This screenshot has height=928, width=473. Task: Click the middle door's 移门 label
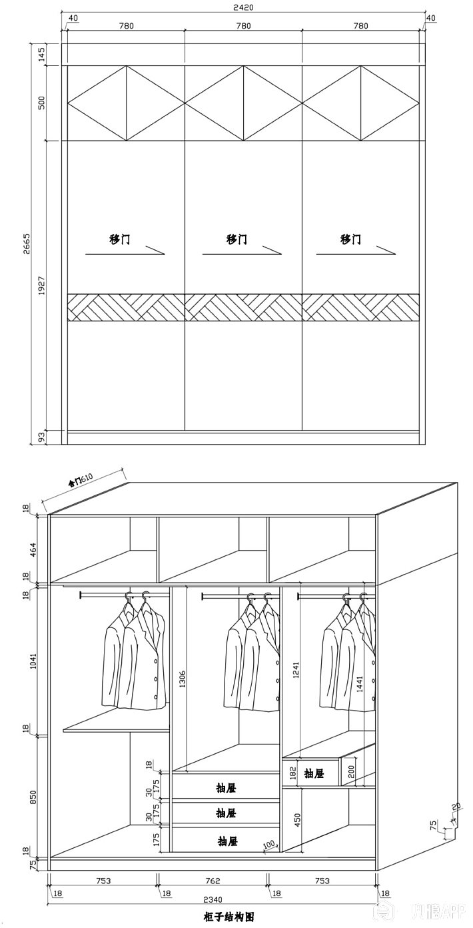(236, 239)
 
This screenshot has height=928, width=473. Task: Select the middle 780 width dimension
(243, 26)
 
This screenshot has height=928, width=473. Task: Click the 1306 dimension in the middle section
(181, 678)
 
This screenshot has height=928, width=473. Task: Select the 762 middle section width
(213, 881)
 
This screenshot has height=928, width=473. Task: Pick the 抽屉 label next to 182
(314, 774)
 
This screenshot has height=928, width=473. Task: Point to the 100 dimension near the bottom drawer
(269, 845)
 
